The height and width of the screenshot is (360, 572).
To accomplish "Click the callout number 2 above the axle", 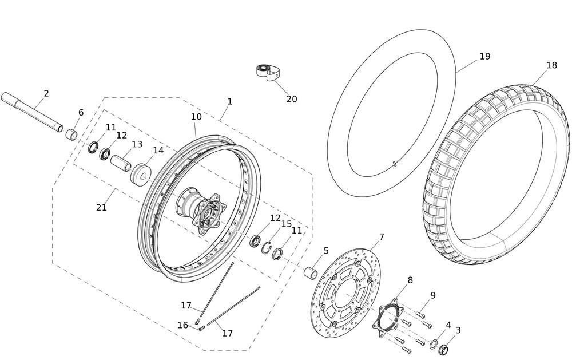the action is (46, 93).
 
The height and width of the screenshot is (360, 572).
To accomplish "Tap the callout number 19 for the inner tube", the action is (485, 57).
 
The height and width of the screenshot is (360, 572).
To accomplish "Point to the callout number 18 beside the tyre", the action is (551, 65).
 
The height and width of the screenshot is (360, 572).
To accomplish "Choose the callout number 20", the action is (292, 99).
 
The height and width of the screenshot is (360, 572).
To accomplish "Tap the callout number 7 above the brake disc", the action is (382, 238).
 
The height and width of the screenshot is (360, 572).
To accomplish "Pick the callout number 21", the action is (101, 207).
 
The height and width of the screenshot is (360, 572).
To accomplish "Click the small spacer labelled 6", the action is (71, 134).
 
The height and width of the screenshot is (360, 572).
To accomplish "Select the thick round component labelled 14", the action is (141, 176).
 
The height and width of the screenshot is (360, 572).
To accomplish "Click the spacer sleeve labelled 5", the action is (311, 274).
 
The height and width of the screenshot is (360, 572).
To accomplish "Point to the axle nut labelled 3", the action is (443, 349).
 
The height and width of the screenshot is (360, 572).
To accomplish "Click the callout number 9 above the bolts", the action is (432, 295).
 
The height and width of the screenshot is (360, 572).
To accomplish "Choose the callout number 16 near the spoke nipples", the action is (183, 325).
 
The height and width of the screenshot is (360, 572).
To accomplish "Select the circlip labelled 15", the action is (267, 248).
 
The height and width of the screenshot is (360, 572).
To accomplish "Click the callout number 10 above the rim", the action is (196, 117).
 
